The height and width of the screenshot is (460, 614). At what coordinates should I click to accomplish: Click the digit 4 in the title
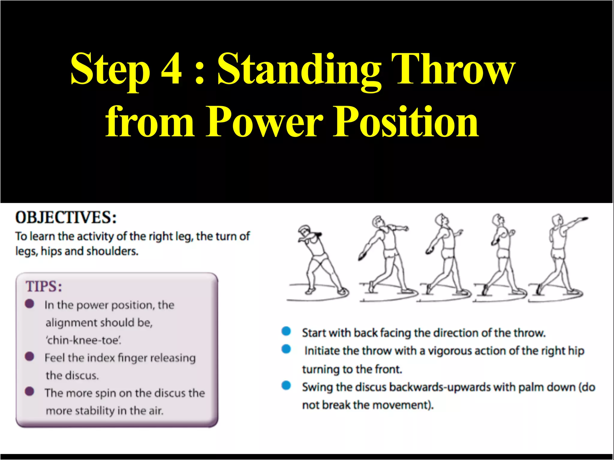pos(171,69)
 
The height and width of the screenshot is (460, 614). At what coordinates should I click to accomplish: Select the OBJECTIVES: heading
pos(66,218)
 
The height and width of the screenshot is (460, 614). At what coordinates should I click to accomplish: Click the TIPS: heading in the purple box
pos(44,286)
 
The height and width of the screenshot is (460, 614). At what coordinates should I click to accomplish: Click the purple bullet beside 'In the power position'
pos(29,304)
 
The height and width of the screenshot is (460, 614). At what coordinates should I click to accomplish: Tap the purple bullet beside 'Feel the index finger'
pos(29,356)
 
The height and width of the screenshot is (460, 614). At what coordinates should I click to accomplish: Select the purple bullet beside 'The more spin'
pos(29,391)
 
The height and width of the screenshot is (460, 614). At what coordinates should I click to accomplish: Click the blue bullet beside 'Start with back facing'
pos(286,331)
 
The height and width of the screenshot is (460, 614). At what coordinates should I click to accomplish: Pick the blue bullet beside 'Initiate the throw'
pos(286,349)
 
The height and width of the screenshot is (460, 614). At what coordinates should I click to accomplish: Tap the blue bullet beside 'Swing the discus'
pos(286,385)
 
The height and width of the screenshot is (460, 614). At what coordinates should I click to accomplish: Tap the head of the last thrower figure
pos(557,220)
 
